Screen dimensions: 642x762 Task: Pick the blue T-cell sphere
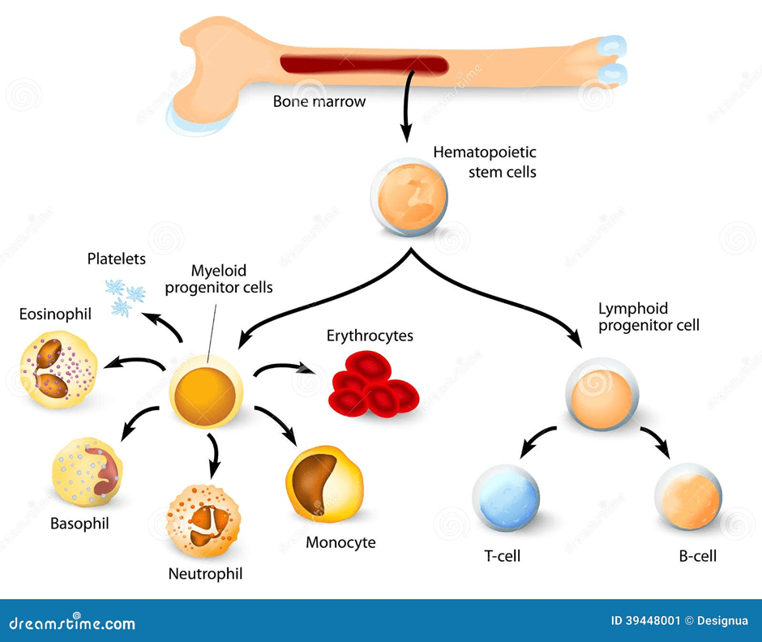506,499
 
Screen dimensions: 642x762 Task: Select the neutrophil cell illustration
201,520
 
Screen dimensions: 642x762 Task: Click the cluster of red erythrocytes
373,383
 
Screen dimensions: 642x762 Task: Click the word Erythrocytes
370,335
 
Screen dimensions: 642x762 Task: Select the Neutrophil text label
205,574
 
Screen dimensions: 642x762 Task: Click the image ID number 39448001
648,621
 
